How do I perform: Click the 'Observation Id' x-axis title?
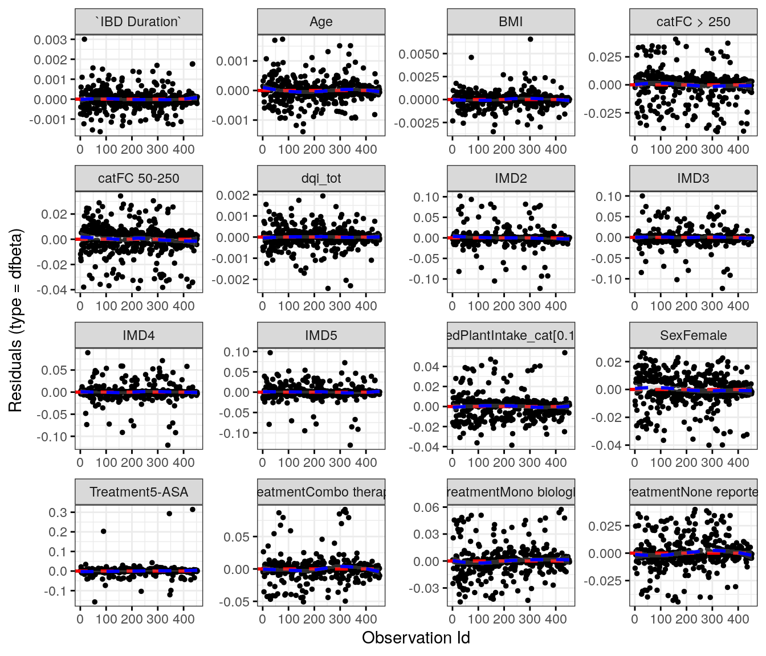(x=415, y=638)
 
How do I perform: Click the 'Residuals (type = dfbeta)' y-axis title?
(x=15, y=320)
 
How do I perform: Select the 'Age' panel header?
(x=321, y=22)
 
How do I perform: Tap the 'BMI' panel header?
(x=511, y=22)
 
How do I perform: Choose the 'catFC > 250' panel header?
(x=693, y=22)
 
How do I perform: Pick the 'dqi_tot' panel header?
(x=321, y=178)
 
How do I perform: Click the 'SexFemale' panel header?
(x=693, y=335)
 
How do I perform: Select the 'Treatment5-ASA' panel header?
(x=138, y=492)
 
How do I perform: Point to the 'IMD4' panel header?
(x=138, y=335)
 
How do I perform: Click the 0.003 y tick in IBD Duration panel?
(x=50, y=40)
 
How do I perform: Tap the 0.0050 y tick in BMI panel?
(x=419, y=54)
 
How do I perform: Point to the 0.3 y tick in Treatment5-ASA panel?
(x=58, y=512)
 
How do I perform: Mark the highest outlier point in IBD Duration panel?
(x=84, y=39)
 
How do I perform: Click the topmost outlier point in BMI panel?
(x=530, y=39)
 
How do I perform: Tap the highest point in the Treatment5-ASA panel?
(x=193, y=510)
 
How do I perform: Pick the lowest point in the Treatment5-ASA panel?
(x=95, y=602)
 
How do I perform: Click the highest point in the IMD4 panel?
(x=88, y=353)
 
